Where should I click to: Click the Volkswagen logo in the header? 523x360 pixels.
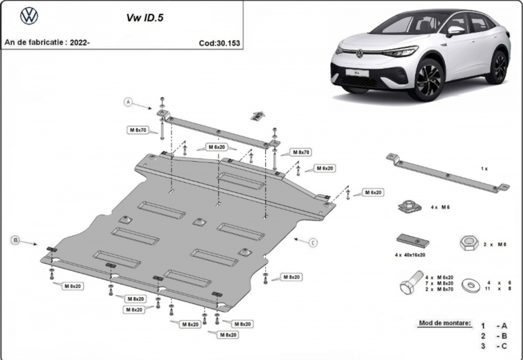click(x=29, y=16)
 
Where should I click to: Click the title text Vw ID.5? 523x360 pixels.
click(x=145, y=18)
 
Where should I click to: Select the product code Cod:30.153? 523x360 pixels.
click(x=219, y=43)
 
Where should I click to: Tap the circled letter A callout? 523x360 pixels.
click(x=129, y=102)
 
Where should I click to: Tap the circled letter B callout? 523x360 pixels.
click(x=15, y=240)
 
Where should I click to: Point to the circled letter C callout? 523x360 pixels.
click(x=313, y=243)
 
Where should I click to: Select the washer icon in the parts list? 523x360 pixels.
click(x=471, y=285)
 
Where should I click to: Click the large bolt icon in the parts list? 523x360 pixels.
click(x=411, y=283)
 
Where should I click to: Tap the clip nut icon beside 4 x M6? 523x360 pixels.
click(x=410, y=206)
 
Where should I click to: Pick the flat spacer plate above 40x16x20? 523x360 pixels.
click(x=413, y=241)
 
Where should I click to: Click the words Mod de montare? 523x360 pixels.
click(x=445, y=323)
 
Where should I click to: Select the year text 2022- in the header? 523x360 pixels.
click(x=80, y=42)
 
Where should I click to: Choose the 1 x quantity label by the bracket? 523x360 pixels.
click(x=484, y=169)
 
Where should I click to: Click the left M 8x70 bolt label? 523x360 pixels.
click(x=138, y=130)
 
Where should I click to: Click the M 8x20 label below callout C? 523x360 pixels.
click(x=292, y=277)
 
